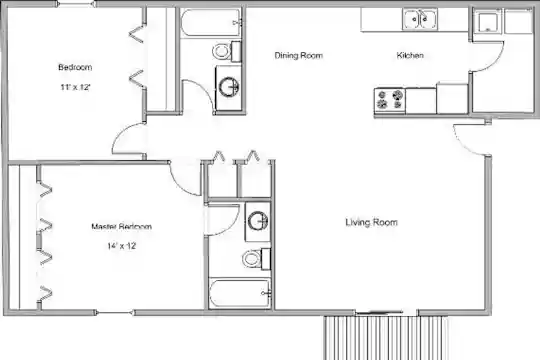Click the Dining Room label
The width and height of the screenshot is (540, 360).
coord(299,55)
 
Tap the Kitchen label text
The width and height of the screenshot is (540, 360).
coord(410,55)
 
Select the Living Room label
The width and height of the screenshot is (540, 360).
coord(371,223)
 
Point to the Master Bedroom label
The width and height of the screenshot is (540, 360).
coord(122,227)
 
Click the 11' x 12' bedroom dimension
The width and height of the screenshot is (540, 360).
coord(75,87)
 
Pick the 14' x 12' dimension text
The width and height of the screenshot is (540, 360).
coord(122,246)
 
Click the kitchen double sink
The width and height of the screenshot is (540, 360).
coord(420,19)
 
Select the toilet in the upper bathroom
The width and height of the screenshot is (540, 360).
coord(226,51)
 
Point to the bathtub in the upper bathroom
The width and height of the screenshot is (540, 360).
coord(211,23)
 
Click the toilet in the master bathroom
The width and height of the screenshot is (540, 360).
coord(256,259)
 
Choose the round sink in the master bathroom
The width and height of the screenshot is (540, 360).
coord(258,221)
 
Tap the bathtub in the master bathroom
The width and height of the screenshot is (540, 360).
coord(240,293)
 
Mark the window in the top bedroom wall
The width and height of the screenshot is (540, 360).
coord(76,4)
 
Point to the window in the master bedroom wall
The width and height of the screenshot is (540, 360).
coord(114,313)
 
